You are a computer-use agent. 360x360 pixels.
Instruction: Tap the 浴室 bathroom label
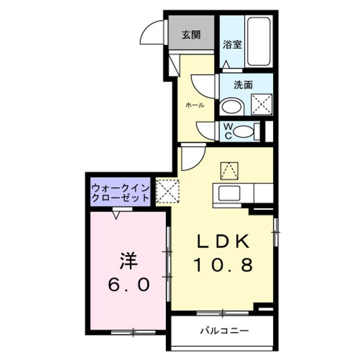[x=232, y=44]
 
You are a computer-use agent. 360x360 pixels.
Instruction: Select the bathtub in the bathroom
[x=259, y=42]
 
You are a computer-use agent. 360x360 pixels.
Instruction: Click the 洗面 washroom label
[x=243, y=84]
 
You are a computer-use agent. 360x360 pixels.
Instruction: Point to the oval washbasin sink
[x=231, y=106]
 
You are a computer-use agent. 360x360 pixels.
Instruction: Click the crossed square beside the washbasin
[x=261, y=104]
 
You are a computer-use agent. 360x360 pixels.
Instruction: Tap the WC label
[x=226, y=131]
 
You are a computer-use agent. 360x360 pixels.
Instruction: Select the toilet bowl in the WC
[x=243, y=131]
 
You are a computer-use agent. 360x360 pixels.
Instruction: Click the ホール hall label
[x=194, y=105]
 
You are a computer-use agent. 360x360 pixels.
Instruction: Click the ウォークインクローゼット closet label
[x=120, y=192]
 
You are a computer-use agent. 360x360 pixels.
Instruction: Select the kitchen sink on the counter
[x=227, y=192]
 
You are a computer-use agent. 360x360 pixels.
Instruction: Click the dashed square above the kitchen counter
[x=229, y=170]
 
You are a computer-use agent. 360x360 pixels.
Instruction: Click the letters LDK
[x=222, y=242]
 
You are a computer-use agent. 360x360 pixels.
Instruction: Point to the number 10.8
[x=223, y=264]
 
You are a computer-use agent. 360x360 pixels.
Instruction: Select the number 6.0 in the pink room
[x=128, y=285]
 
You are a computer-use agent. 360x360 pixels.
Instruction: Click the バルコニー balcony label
[x=223, y=331]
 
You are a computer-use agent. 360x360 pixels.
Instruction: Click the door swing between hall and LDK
[x=192, y=157]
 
